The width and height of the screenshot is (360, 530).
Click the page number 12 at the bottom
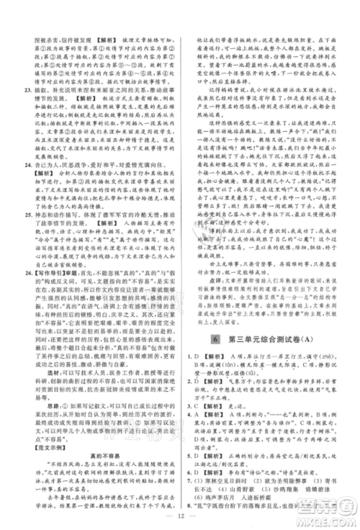(180, 515)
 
